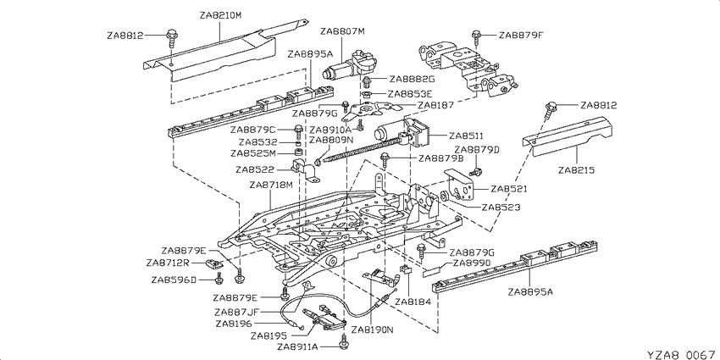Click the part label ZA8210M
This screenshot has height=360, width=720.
(220, 15)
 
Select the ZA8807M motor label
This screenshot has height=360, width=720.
(342, 31)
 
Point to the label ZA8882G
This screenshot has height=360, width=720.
(412, 79)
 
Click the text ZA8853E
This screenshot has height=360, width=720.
(410, 94)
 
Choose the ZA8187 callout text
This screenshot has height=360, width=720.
(435, 105)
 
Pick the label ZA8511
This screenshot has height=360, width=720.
(466, 136)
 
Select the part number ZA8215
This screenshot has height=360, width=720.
(576, 170)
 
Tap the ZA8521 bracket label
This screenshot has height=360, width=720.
(508, 189)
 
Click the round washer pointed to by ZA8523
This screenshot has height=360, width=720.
(445, 197)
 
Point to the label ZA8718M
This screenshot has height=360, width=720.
(271, 185)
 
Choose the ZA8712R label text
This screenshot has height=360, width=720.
(168, 263)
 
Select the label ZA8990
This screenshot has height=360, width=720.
(471, 263)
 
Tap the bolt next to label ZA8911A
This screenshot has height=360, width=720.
(343, 341)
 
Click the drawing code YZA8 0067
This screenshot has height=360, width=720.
(681, 354)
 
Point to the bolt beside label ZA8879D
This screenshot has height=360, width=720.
(477, 173)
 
